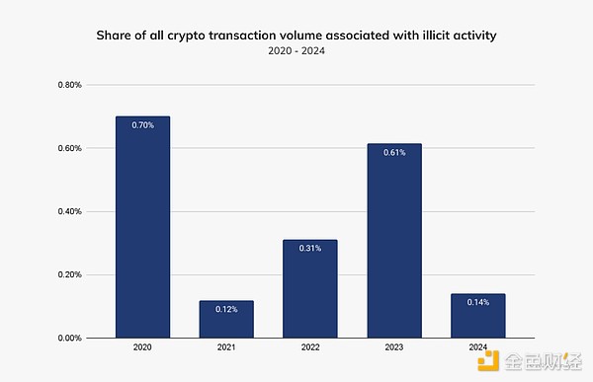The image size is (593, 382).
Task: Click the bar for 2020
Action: [142, 227]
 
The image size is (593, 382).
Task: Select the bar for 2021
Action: [226, 319]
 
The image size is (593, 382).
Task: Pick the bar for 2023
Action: [394, 241]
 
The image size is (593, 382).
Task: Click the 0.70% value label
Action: [142, 125]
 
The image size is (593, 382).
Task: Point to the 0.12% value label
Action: [226, 309]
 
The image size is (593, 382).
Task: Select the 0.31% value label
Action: [310, 249]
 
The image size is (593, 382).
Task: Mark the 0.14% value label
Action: [478, 302]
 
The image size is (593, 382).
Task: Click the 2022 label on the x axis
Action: [310, 348]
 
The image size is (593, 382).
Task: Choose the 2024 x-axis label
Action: [478, 348]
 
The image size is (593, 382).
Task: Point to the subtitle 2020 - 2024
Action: [296, 51]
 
